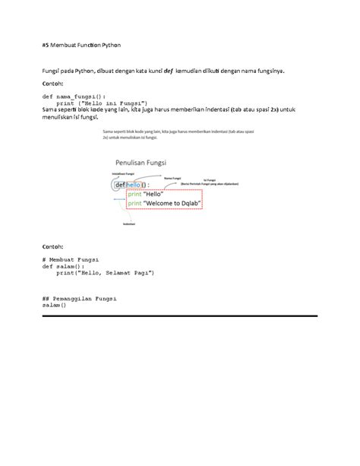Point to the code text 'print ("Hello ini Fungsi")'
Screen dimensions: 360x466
click(x=100, y=103)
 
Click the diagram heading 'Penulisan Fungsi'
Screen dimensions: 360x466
click(x=141, y=162)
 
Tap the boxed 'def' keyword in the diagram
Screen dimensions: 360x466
click(x=121, y=185)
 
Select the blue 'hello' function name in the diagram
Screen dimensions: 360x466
click(x=137, y=185)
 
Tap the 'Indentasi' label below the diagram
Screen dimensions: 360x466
click(x=129, y=223)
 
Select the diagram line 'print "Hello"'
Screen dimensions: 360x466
click(x=146, y=194)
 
